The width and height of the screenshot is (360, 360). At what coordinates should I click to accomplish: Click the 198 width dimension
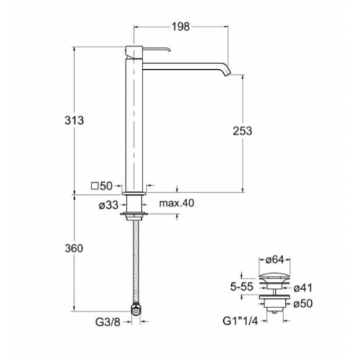coord(181,27)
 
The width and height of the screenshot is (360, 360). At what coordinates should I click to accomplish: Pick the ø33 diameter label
coord(107,204)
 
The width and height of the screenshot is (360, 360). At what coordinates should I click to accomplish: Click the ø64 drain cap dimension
coord(277,260)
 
